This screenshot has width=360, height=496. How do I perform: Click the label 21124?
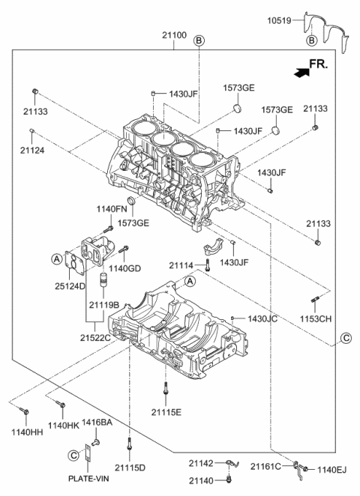click(x=31, y=151)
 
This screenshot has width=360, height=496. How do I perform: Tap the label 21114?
click(x=181, y=264)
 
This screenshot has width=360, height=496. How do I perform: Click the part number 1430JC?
click(x=262, y=318)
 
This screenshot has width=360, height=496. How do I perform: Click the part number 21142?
click(x=202, y=465)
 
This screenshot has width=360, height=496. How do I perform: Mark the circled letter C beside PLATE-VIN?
click(x=73, y=454)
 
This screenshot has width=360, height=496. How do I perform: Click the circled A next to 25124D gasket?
click(x=56, y=258)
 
